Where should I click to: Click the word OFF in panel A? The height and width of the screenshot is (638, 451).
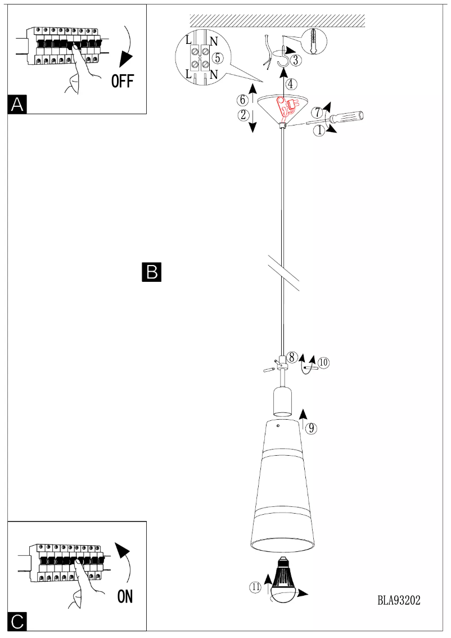point(123,82)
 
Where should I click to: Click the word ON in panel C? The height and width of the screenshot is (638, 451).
point(125,596)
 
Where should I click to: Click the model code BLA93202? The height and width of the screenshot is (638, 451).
point(399,600)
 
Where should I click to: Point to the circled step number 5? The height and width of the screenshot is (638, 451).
point(218,58)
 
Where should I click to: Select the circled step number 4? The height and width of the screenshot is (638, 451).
point(290,84)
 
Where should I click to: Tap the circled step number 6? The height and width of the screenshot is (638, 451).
point(242,100)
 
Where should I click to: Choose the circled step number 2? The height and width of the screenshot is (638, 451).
point(243,115)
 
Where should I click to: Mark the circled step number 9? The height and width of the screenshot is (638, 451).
point(311,428)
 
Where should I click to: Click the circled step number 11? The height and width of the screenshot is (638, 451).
point(256,587)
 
